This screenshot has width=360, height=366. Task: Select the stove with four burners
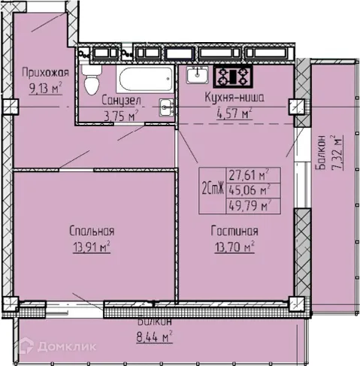[233, 76]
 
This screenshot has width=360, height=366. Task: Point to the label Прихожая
[47, 72]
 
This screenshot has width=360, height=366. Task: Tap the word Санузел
[119, 99]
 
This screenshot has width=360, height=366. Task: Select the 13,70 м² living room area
[234, 245]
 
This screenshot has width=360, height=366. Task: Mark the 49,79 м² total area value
[247, 204]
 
